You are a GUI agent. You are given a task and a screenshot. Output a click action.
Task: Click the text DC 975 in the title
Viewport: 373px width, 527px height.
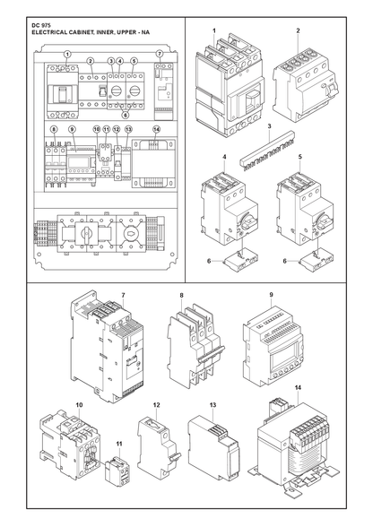39,26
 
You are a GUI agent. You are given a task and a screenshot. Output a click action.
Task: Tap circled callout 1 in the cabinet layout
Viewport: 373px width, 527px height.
67,54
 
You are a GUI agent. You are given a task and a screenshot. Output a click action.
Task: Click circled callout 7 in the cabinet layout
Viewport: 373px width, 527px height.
160,54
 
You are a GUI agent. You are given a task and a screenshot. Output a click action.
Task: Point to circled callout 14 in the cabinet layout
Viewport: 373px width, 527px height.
156,129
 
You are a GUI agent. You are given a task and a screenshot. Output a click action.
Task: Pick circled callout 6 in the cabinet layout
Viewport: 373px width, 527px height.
126,115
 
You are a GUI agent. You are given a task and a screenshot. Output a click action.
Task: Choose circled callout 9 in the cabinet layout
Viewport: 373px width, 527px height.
72,129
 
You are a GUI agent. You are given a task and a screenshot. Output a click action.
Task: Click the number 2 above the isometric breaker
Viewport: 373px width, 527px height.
298,30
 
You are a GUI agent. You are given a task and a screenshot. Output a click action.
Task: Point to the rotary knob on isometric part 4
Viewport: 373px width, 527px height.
248,224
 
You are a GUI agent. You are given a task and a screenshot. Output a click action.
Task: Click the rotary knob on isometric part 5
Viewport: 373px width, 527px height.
324,224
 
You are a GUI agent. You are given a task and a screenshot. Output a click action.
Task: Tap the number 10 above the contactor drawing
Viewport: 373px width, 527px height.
79,405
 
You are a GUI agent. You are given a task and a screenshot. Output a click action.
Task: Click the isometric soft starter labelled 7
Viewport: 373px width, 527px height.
107,346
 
